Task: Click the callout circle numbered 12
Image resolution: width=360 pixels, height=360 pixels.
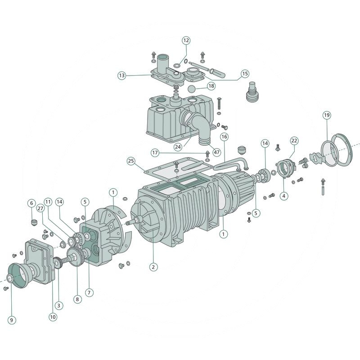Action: (x=186, y=40)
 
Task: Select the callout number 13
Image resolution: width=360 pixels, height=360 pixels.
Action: (x=122, y=75)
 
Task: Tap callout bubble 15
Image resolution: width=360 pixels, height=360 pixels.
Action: (x=245, y=73)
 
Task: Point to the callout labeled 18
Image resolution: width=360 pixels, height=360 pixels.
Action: (x=211, y=86)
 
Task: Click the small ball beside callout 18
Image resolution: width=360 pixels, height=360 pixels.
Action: (x=192, y=89)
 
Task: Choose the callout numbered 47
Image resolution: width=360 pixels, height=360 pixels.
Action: (x=216, y=152)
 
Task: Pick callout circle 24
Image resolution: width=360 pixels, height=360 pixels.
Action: (x=178, y=147)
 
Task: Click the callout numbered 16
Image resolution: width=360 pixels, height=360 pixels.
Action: (x=224, y=137)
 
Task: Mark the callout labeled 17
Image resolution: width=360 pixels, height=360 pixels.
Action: (x=155, y=153)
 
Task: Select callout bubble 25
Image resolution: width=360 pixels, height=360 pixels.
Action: (x=131, y=161)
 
